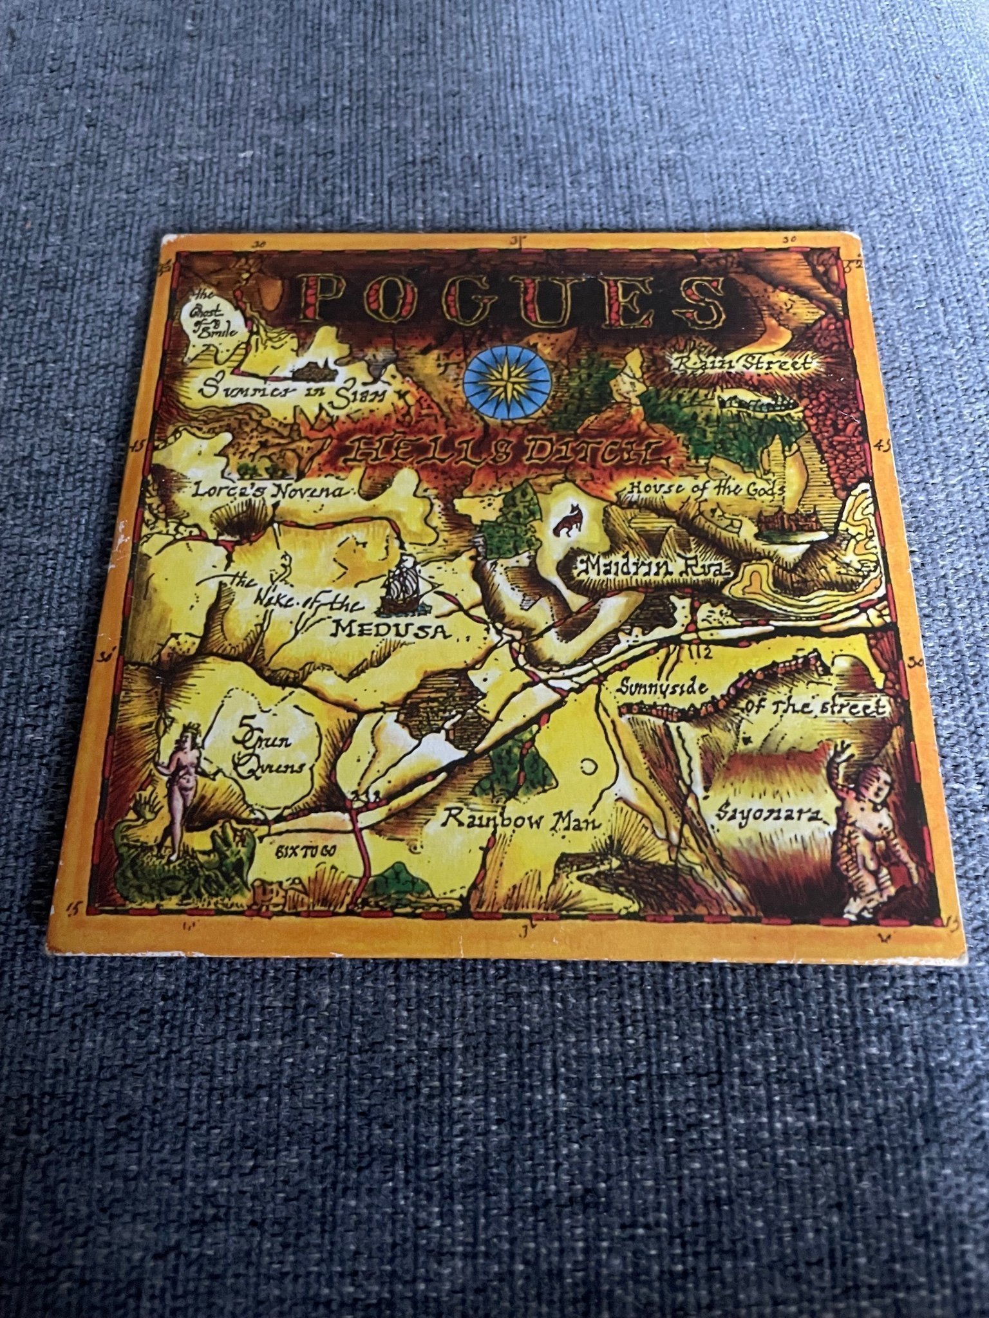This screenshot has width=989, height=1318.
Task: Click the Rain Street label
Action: click(x=743, y=364)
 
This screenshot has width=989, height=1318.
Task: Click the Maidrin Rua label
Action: click(x=653, y=566)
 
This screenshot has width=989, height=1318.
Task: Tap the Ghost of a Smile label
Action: click(x=210, y=320)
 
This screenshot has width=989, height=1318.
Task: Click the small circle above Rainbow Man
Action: click(x=589, y=767)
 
